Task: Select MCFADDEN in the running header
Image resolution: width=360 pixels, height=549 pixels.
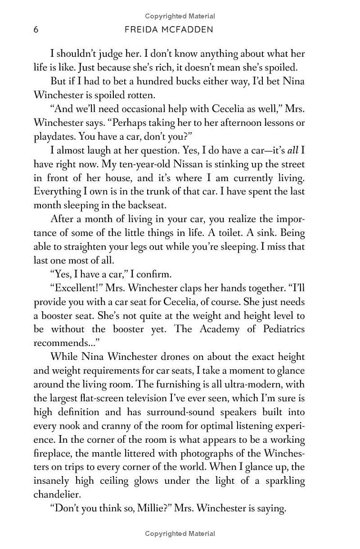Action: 190,30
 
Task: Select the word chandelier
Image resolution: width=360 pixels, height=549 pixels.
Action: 57,495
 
